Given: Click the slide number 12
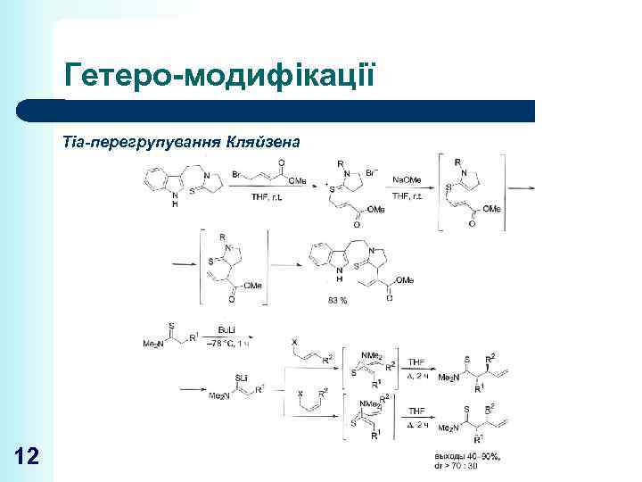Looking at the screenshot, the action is tap(27, 457).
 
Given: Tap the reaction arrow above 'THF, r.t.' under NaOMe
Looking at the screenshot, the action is tap(409, 187).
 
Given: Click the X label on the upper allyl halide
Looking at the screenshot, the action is tap(295, 341).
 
